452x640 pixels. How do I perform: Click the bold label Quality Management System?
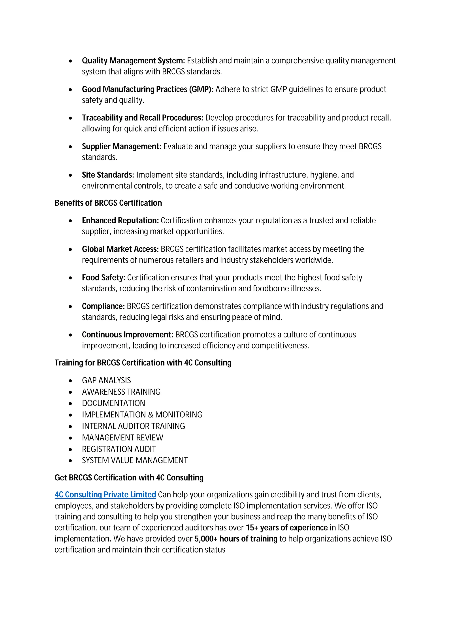click(x=133, y=61)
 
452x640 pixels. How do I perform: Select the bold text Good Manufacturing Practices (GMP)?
click(x=148, y=89)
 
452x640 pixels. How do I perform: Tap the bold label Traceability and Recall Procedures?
click(x=142, y=118)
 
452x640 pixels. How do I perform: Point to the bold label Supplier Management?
click(x=121, y=146)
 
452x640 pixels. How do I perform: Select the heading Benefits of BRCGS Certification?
click(x=108, y=203)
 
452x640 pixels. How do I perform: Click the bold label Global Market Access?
click(x=120, y=249)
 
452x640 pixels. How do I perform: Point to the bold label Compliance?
click(x=103, y=306)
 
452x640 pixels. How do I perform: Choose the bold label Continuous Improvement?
click(x=128, y=335)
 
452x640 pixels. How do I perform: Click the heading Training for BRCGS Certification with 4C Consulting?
click(x=143, y=363)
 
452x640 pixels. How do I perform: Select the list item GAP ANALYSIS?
click(x=106, y=381)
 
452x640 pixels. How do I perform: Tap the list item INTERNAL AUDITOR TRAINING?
click(x=133, y=426)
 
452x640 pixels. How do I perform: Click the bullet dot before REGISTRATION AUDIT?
click(x=70, y=449)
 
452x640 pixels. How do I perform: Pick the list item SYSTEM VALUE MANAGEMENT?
click(x=135, y=460)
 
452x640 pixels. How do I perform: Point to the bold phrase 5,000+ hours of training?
click(x=236, y=539)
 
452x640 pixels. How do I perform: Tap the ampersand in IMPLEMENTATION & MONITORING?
click(x=151, y=415)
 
